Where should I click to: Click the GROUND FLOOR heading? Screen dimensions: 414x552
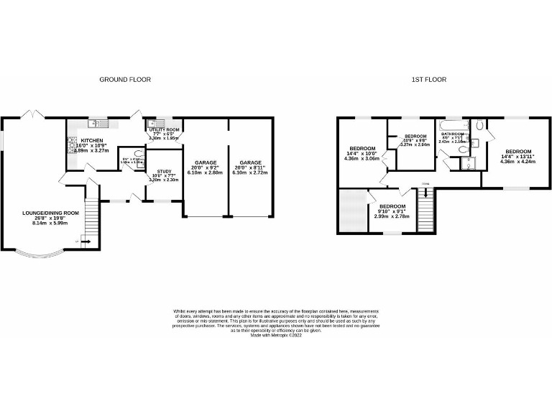(x=125, y=79)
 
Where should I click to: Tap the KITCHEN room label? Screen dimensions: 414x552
(x=91, y=141)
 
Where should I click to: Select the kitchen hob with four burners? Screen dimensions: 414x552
(x=72, y=146)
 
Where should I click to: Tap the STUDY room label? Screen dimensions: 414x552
(x=162, y=172)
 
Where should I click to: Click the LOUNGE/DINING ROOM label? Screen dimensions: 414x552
(x=50, y=213)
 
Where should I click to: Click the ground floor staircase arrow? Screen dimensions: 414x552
(x=85, y=242)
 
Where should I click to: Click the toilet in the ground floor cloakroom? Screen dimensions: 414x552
(x=139, y=154)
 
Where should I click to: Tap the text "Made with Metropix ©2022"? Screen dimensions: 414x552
(x=275, y=334)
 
